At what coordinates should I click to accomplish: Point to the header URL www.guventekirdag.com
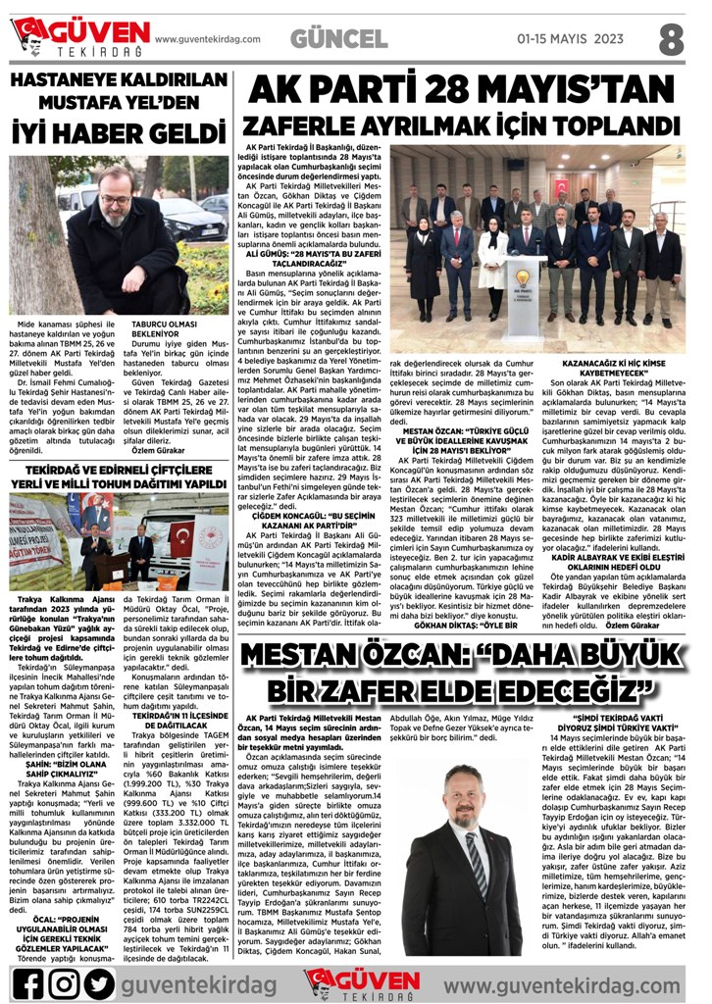pos(214,39)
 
